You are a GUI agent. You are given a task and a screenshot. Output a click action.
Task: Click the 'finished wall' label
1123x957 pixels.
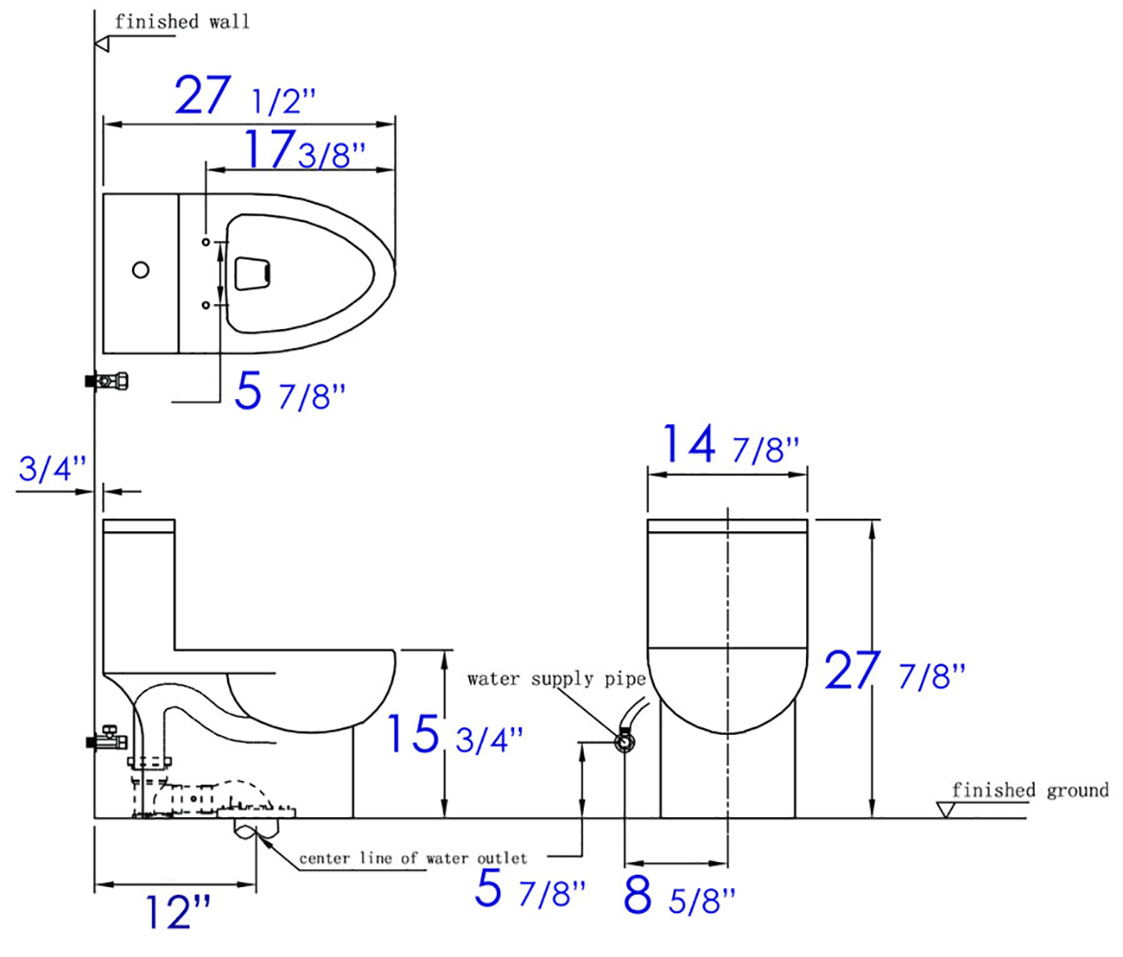(x=182, y=22)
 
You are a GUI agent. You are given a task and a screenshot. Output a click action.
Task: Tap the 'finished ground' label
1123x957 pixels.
(x=1030, y=790)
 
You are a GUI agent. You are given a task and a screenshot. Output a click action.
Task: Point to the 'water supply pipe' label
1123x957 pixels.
(x=556, y=679)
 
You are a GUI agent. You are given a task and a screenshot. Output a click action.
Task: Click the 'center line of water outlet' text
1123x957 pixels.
(x=413, y=857)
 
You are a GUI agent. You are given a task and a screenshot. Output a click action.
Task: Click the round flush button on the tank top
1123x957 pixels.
(x=141, y=271)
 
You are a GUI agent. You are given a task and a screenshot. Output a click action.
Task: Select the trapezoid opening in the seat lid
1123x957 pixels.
(x=252, y=273)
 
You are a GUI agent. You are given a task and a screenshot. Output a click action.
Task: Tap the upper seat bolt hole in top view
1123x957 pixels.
(x=206, y=243)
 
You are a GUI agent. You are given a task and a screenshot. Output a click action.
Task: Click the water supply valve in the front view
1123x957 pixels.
(x=624, y=741)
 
